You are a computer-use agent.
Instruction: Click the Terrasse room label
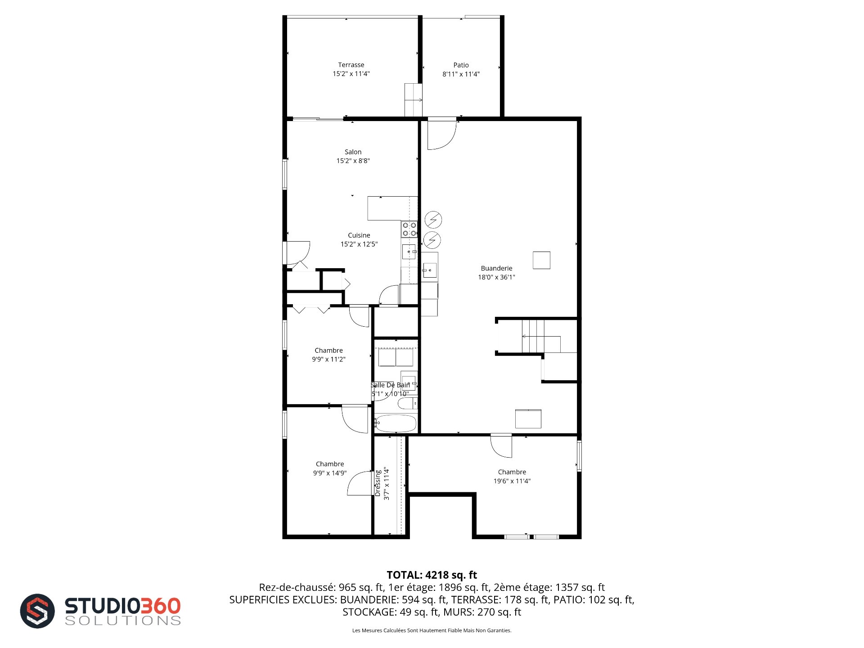pyautogui.click(x=351, y=65)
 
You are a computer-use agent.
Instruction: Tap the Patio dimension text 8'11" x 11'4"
pyautogui.click(x=461, y=74)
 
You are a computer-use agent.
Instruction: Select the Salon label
pyautogui.click(x=353, y=152)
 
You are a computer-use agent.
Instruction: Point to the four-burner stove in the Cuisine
pyautogui.click(x=409, y=229)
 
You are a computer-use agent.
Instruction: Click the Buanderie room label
pyautogui.click(x=496, y=268)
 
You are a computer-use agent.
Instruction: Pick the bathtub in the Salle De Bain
pyautogui.click(x=396, y=423)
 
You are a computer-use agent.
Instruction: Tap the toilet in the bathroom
pyautogui.click(x=408, y=403)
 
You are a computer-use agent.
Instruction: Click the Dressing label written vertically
pyautogui.click(x=378, y=483)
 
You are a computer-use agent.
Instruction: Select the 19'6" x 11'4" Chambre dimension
pyautogui.click(x=512, y=481)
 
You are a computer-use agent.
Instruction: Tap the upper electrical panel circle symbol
pyautogui.click(x=433, y=220)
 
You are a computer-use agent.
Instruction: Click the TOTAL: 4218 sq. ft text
pyautogui.click(x=432, y=575)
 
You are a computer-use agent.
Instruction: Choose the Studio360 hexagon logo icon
pyautogui.click(x=37, y=611)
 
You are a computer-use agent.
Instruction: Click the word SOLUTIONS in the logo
pyautogui.click(x=123, y=621)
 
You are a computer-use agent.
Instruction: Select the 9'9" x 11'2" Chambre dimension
pyautogui.click(x=328, y=360)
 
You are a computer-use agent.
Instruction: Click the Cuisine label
pyautogui.click(x=359, y=235)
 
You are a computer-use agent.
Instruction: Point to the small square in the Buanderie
pyautogui.click(x=541, y=260)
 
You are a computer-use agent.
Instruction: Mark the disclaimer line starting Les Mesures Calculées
pyautogui.click(x=432, y=630)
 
